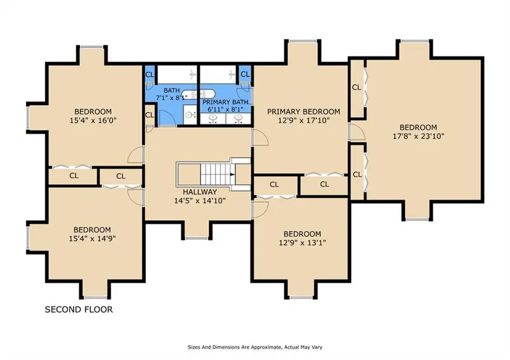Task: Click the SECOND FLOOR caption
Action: (79, 309)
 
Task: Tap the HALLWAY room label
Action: (200, 192)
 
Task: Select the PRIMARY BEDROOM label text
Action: (304, 111)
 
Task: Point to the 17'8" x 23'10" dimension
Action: (419, 136)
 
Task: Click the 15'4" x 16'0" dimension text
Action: (93, 121)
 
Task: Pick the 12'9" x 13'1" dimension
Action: (302, 242)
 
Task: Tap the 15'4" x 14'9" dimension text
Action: (92, 239)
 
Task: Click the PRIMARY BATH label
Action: (226, 102)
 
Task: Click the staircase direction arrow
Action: (232, 174)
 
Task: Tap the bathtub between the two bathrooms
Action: (198, 95)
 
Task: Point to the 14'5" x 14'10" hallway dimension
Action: (200, 201)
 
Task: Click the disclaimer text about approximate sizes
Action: (255, 347)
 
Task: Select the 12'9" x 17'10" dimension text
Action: (304, 121)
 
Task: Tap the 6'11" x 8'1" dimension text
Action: (226, 109)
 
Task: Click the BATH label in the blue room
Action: (172, 90)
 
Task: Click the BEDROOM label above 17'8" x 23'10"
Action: (419, 127)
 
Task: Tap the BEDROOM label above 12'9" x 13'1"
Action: (302, 234)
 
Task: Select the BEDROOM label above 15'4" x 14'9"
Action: (92, 230)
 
